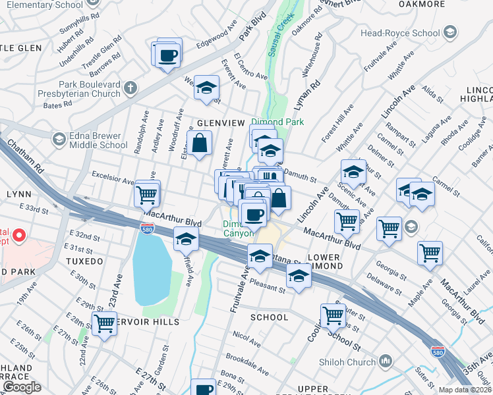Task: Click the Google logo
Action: point(21,387)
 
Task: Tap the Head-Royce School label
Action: point(400,32)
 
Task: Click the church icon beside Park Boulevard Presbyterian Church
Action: point(130,88)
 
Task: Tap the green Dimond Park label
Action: point(277,122)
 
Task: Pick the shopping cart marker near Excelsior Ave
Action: point(146,192)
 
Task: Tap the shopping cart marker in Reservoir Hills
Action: point(104,323)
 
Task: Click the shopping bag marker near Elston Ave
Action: point(199,142)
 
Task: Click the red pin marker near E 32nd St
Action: point(19,235)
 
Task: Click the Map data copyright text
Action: point(465,390)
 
